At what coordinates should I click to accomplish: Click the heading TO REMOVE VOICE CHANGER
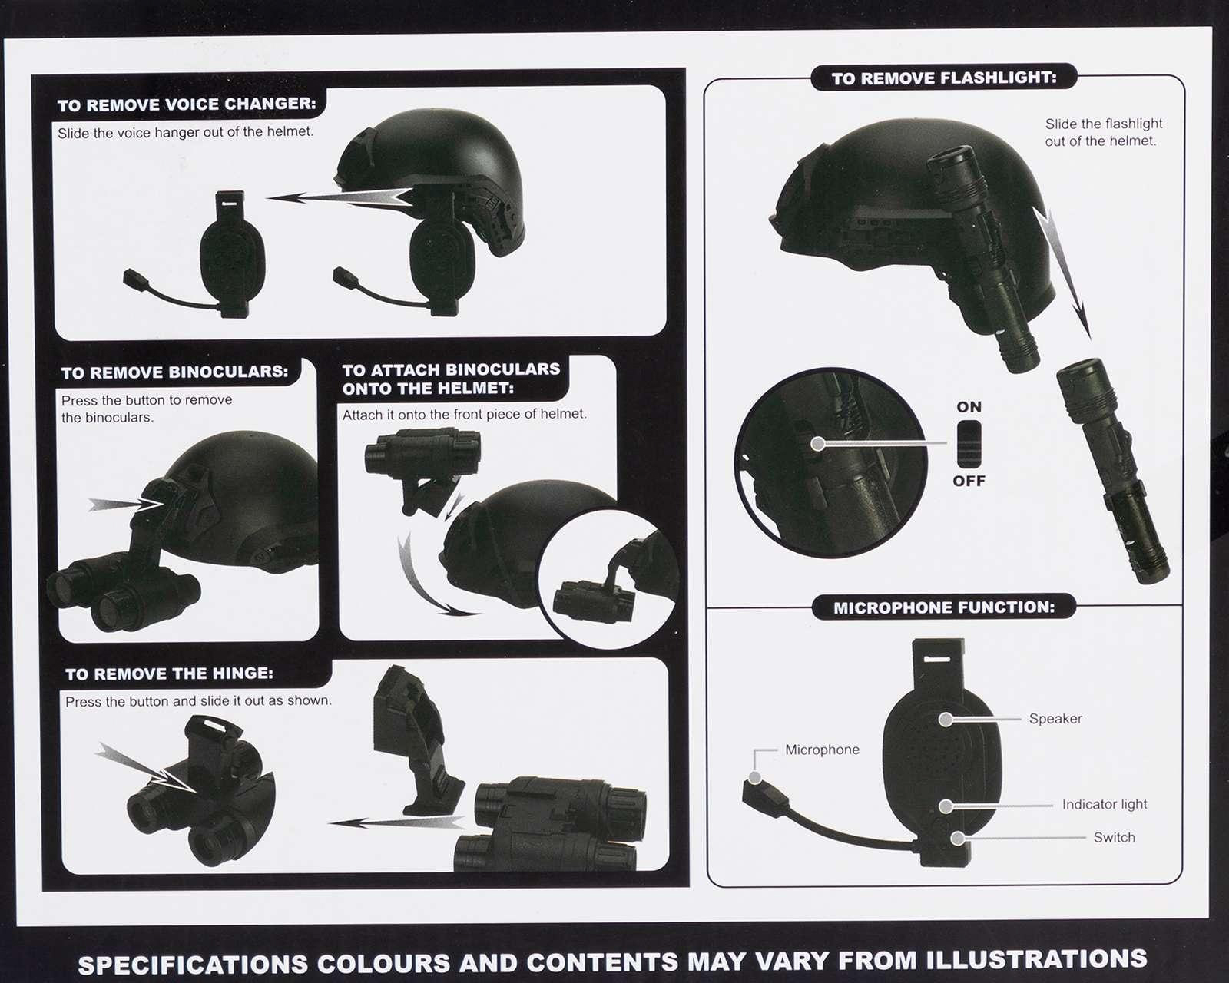tap(186, 104)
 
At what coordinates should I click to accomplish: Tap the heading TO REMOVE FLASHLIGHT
tap(944, 78)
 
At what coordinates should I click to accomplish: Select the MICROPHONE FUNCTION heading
tap(944, 607)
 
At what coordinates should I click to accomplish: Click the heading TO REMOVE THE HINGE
tap(170, 674)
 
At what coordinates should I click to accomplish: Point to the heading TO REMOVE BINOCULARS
tap(175, 372)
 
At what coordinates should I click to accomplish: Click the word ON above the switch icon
tap(969, 407)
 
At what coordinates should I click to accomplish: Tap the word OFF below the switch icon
tap(969, 481)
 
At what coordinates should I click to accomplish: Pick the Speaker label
tap(1055, 719)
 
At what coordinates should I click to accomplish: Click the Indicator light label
tap(1105, 804)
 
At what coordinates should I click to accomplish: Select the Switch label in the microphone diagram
tap(1115, 837)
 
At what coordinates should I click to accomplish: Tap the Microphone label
tap(822, 750)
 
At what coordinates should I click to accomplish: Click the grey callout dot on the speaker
tap(946, 720)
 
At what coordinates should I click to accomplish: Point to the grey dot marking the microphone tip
tap(754, 777)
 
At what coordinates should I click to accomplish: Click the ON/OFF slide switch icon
tap(969, 443)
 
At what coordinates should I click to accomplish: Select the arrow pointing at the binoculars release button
tap(127, 505)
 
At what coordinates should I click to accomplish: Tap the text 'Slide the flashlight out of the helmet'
tap(1103, 133)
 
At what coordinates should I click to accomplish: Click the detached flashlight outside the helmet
tap(1111, 469)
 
